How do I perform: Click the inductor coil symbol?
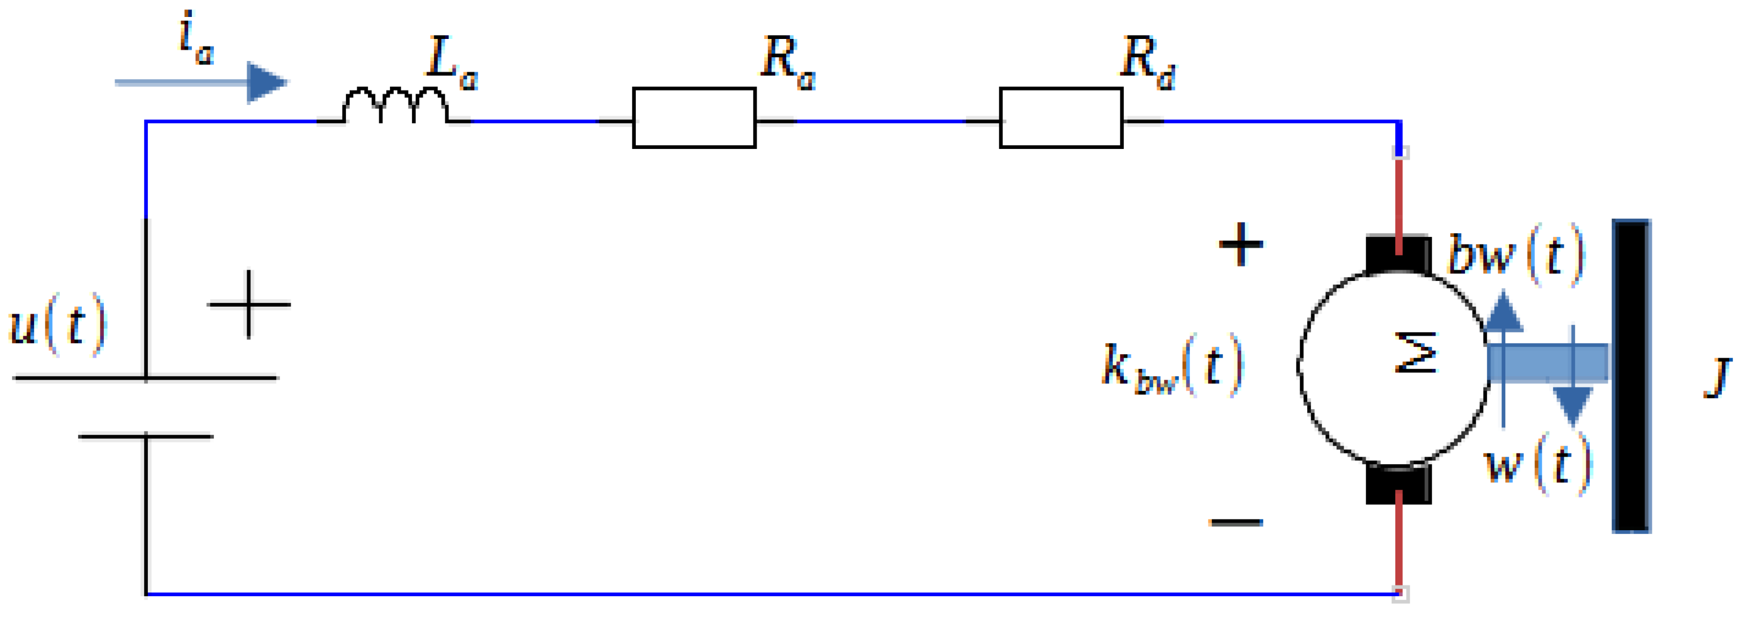click(x=396, y=106)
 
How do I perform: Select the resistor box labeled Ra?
click(x=694, y=117)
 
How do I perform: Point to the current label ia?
click(x=196, y=41)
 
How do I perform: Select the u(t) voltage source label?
click(x=58, y=325)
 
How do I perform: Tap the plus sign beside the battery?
click(x=248, y=304)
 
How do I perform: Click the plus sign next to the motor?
click(x=1241, y=244)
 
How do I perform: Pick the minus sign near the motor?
click(x=1236, y=522)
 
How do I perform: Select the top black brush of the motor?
click(x=1398, y=253)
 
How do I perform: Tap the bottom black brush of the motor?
click(x=1398, y=484)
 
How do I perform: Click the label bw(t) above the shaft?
click(x=1515, y=254)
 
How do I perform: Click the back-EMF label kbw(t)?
click(x=1171, y=367)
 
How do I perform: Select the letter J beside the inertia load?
click(x=1717, y=378)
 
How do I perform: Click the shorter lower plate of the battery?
click(x=145, y=437)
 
